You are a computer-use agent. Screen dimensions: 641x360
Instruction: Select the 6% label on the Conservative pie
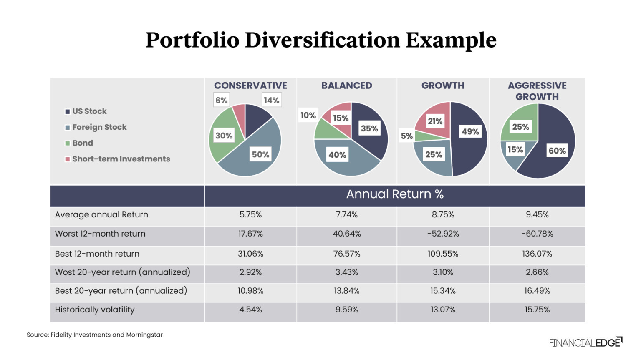221,100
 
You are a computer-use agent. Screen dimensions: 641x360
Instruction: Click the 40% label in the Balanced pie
337,155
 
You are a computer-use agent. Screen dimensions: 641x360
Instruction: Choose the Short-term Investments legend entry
118,159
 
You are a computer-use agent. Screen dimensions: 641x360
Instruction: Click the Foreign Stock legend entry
96,127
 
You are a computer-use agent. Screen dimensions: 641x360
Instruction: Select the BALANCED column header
346,86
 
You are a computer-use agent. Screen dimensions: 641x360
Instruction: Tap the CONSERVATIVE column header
250,86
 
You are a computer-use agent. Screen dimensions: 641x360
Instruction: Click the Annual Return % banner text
395,194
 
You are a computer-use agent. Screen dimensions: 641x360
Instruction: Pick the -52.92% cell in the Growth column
443,234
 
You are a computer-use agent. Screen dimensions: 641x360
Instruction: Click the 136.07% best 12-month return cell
537,254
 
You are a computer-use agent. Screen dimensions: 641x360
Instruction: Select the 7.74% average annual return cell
346,215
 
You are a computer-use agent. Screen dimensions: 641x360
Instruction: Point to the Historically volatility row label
95,310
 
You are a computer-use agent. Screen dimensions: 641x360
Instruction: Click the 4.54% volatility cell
251,310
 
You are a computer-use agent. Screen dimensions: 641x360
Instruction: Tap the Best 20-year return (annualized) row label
121,291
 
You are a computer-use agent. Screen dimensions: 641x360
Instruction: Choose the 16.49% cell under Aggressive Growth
537,291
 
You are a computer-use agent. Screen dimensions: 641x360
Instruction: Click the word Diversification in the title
323,40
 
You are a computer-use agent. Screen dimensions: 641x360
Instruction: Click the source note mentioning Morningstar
95,335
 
